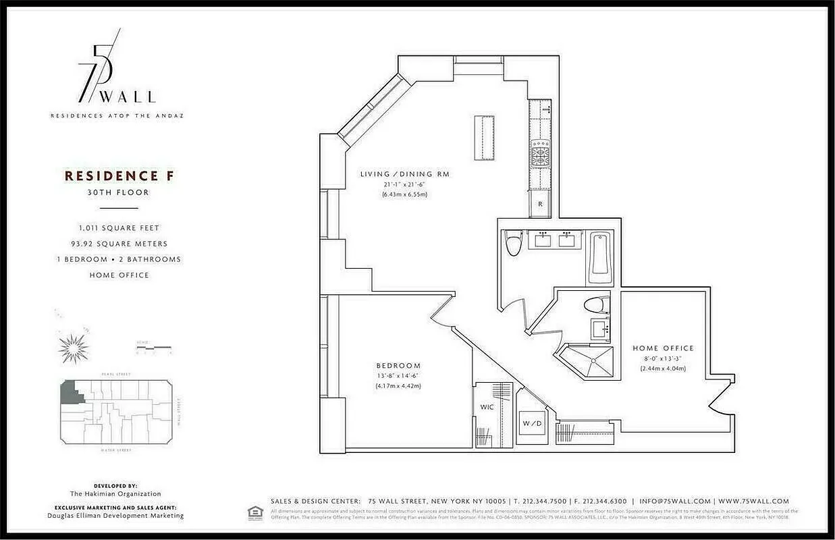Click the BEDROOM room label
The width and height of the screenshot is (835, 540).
click(398, 366)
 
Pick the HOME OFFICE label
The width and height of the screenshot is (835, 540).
click(663, 348)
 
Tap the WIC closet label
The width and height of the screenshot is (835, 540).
click(487, 408)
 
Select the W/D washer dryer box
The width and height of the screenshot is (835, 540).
click(532, 424)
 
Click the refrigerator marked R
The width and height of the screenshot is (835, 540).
click(540, 203)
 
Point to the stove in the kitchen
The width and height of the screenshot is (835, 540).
click(540, 153)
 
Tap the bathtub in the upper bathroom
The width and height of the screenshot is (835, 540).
click(599, 257)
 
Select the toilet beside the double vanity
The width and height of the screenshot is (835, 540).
click(514, 242)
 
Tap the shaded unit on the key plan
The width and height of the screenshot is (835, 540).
click(70, 392)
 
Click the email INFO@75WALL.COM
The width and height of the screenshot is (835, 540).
click(675, 502)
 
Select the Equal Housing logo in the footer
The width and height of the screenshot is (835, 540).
click(255, 512)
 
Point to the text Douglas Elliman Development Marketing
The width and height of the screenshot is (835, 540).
click(115, 516)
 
